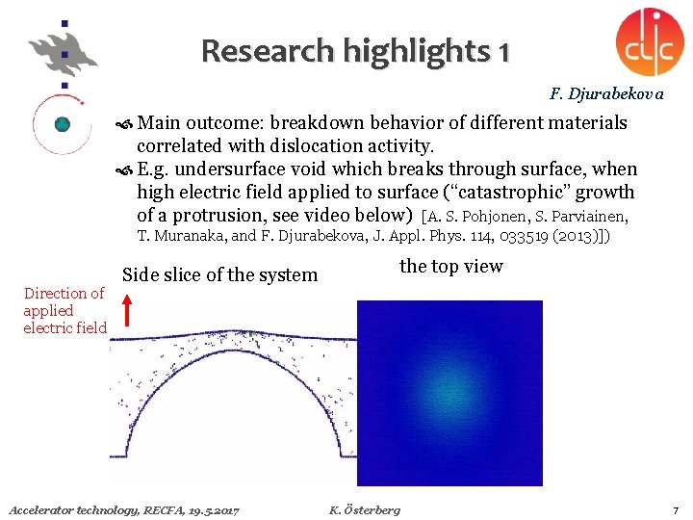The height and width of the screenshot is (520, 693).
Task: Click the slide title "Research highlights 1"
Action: (x=355, y=50)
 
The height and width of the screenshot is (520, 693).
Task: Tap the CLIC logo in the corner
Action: (x=650, y=40)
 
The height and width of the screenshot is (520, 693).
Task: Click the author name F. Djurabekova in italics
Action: (x=606, y=94)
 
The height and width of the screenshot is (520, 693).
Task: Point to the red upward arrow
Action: (x=125, y=311)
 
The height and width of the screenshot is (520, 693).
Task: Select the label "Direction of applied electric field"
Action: (x=64, y=310)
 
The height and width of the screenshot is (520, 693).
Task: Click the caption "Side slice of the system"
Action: (x=220, y=274)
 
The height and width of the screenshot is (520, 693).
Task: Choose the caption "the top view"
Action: (x=450, y=267)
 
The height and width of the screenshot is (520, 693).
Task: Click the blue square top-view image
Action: (x=449, y=393)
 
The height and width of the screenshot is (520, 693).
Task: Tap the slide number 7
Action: (x=676, y=508)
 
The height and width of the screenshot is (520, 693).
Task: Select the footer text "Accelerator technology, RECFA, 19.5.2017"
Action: (x=123, y=508)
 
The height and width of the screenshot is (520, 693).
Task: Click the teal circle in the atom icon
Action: (x=63, y=123)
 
